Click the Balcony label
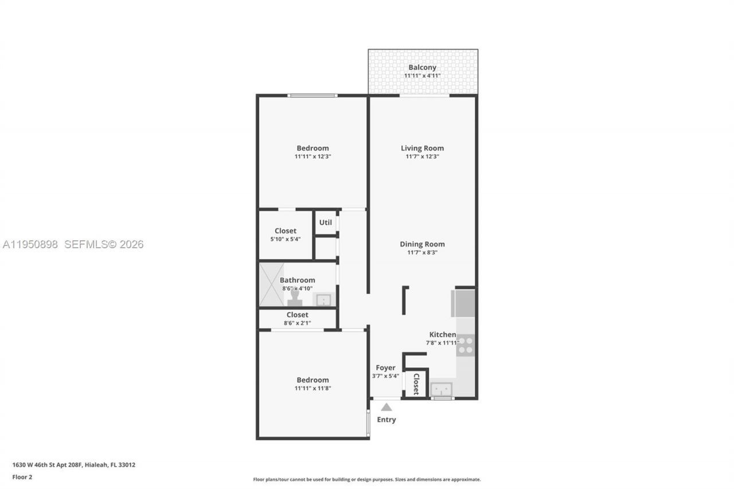click(x=422, y=68)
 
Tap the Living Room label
click(x=422, y=148)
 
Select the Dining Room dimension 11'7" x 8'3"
click(x=422, y=252)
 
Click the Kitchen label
click(x=442, y=335)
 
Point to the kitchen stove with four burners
click(x=465, y=345)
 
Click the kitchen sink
click(x=442, y=389)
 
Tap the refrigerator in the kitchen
click(x=463, y=303)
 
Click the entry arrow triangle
click(x=386, y=407)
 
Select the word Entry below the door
click(x=386, y=420)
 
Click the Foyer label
click(x=385, y=368)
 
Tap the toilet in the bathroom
click(x=295, y=299)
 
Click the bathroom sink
click(x=323, y=300)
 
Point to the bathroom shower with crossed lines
click(x=271, y=284)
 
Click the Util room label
click(x=325, y=222)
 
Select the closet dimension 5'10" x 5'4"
click(x=286, y=239)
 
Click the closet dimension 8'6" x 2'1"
click(x=297, y=323)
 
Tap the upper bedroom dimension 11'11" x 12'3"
click(x=313, y=157)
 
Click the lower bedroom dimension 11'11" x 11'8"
click(x=313, y=388)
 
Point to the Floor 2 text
click(x=22, y=477)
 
